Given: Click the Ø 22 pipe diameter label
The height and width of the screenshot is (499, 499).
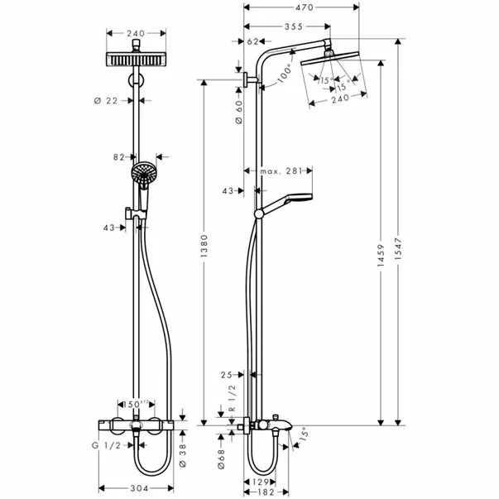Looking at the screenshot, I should point(107,100).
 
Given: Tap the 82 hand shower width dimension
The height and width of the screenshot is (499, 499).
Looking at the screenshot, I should point(121,155).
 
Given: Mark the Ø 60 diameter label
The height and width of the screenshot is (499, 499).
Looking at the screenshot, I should point(238,109).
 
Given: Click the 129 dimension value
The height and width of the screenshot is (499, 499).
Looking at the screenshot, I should point(261,481).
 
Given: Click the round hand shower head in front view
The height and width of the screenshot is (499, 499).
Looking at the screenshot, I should point(143,174).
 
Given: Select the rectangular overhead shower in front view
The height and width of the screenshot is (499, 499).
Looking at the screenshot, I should point(137,60).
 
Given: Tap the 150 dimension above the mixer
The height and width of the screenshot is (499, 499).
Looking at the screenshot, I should point(132,404).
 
